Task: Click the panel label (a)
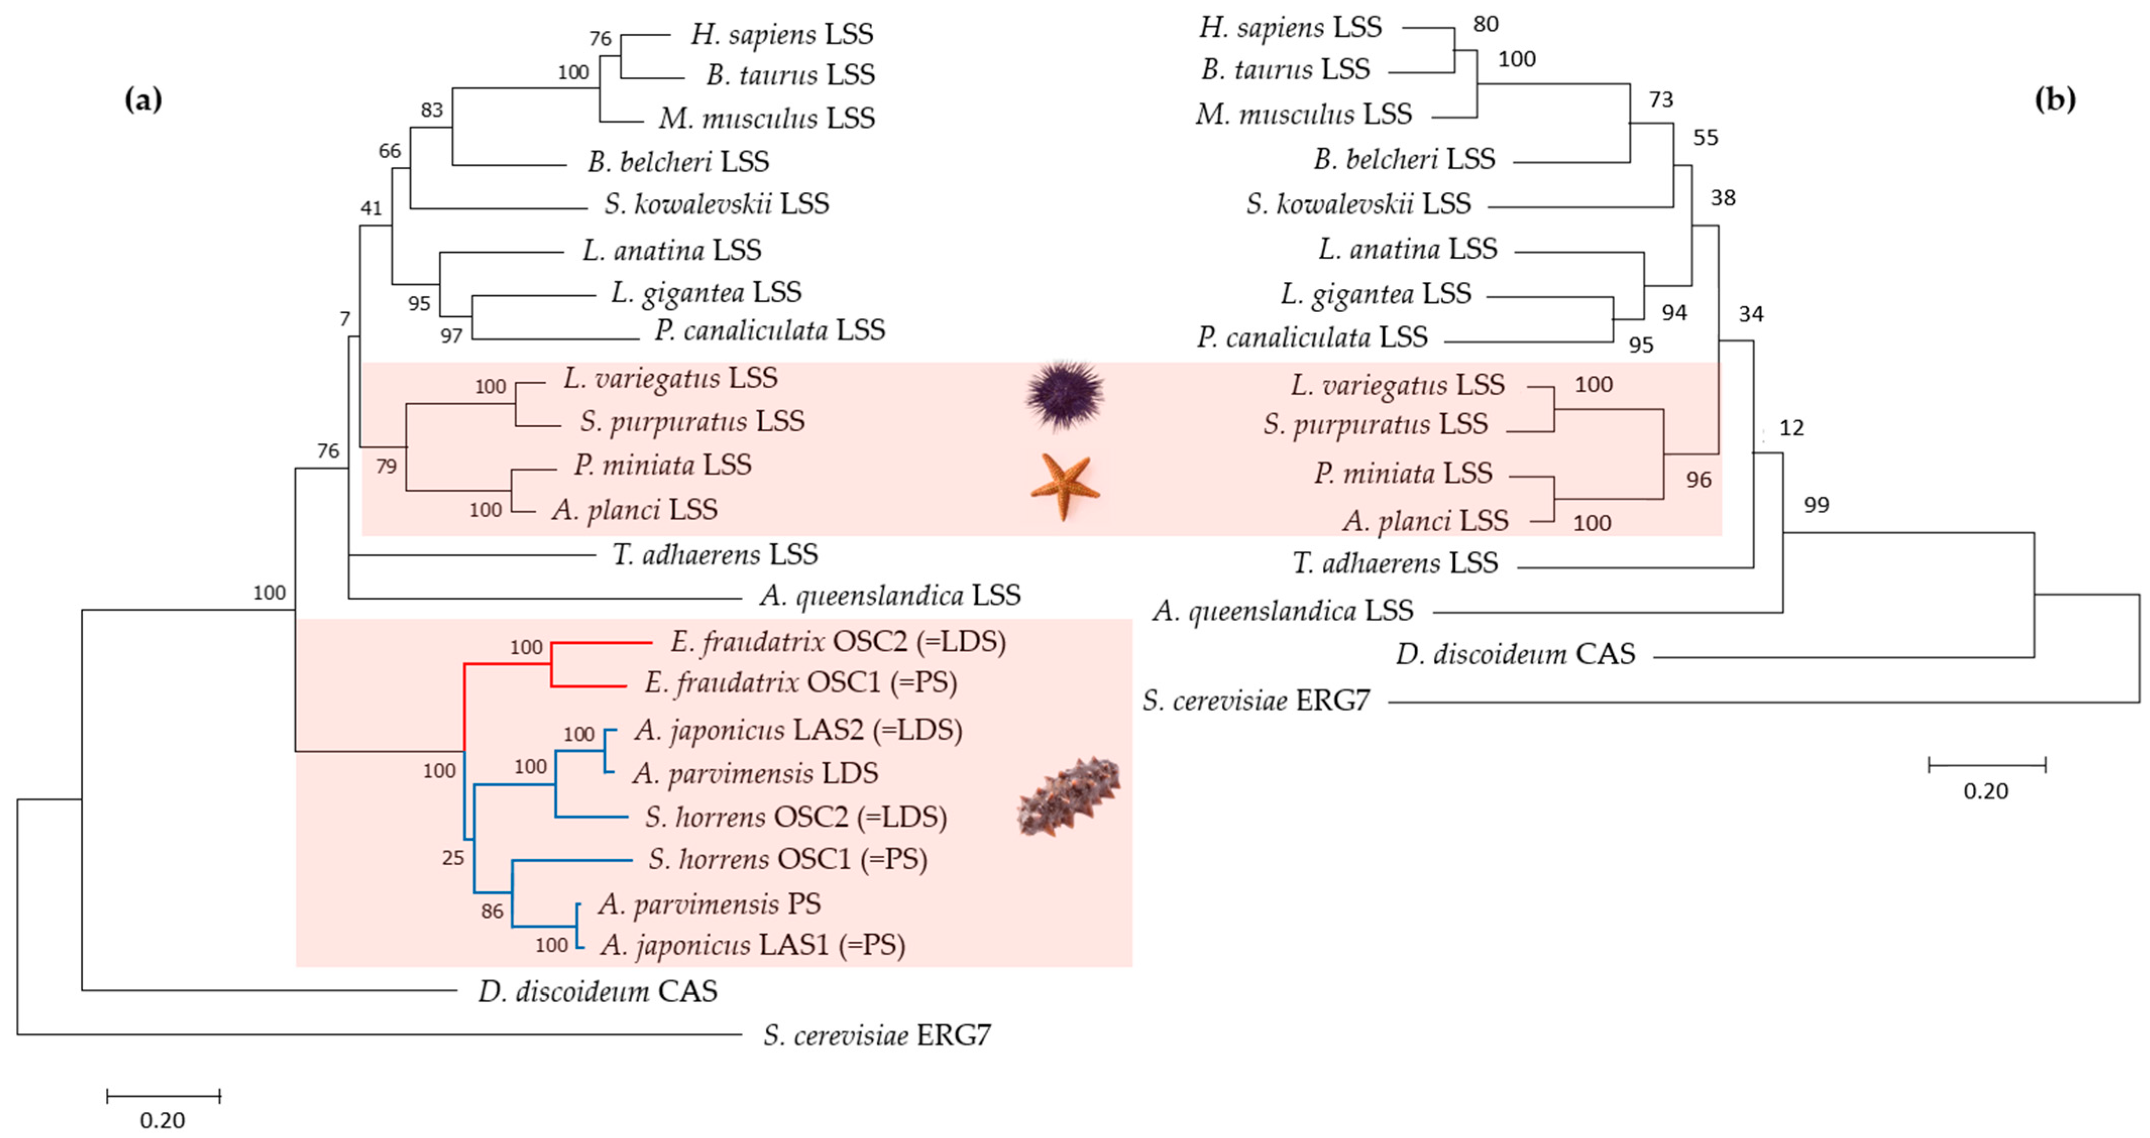click(x=143, y=100)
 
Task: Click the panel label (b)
click(x=2054, y=100)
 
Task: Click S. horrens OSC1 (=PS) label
click(x=787, y=860)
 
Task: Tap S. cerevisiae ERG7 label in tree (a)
click(x=876, y=1036)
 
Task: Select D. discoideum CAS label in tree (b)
click(x=1515, y=654)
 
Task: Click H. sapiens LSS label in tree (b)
click(x=1290, y=28)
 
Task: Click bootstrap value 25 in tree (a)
click(x=452, y=858)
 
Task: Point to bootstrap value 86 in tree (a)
click(x=492, y=911)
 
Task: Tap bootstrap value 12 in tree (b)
click(x=1791, y=428)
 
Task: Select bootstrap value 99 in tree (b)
click(x=1816, y=505)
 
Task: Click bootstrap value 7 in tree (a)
click(x=345, y=319)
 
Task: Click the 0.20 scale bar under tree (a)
click(x=163, y=1096)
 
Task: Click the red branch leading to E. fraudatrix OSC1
click(x=588, y=687)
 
